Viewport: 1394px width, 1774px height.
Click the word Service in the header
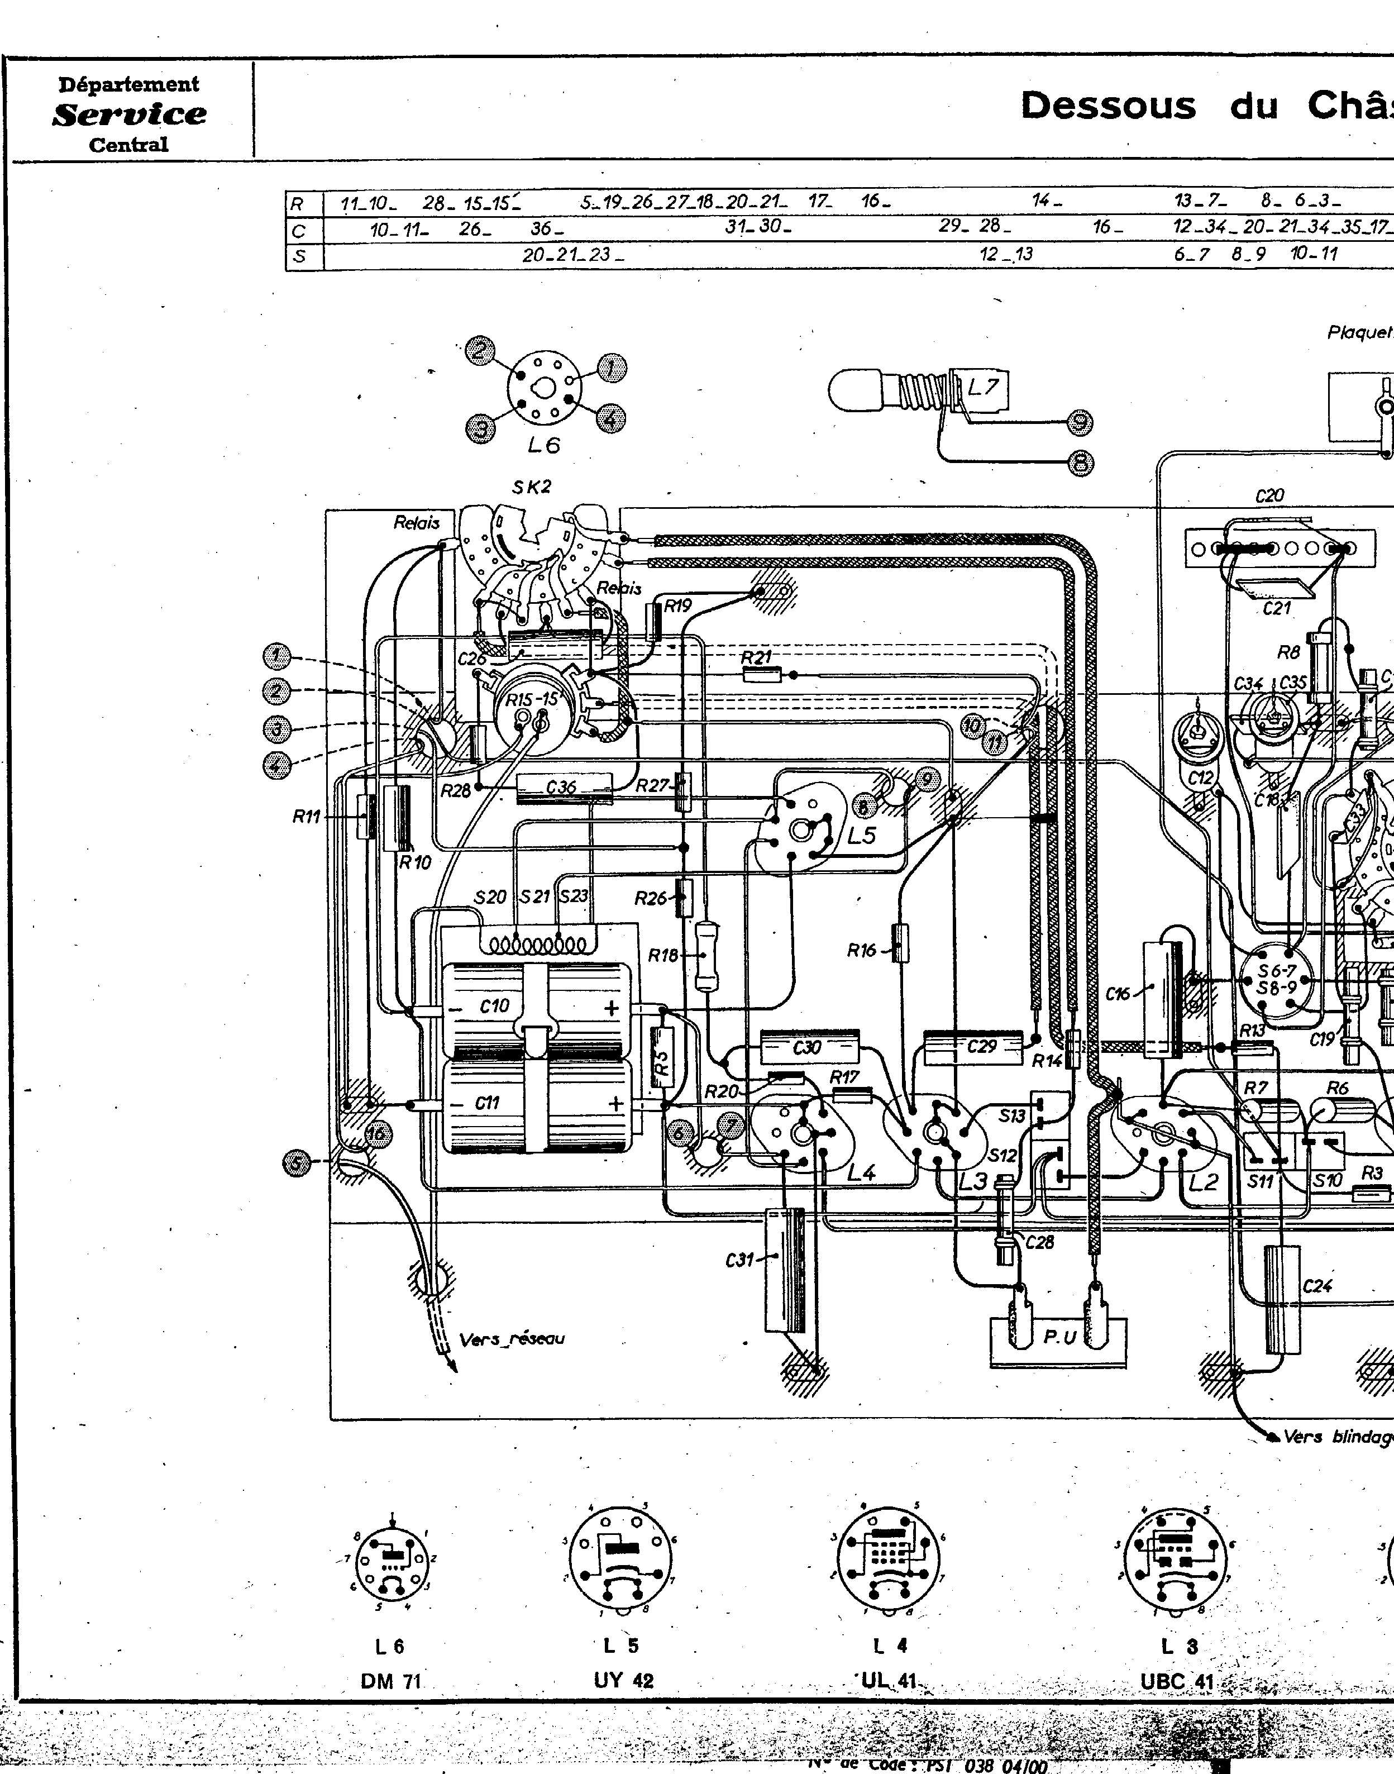point(129,113)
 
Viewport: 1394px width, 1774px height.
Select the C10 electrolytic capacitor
point(534,1007)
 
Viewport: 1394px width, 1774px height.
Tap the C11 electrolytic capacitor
point(534,1103)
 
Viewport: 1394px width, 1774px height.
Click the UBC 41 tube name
point(1177,1680)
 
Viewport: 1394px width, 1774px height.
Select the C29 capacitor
point(973,1047)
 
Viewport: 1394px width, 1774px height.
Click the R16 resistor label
point(861,927)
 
